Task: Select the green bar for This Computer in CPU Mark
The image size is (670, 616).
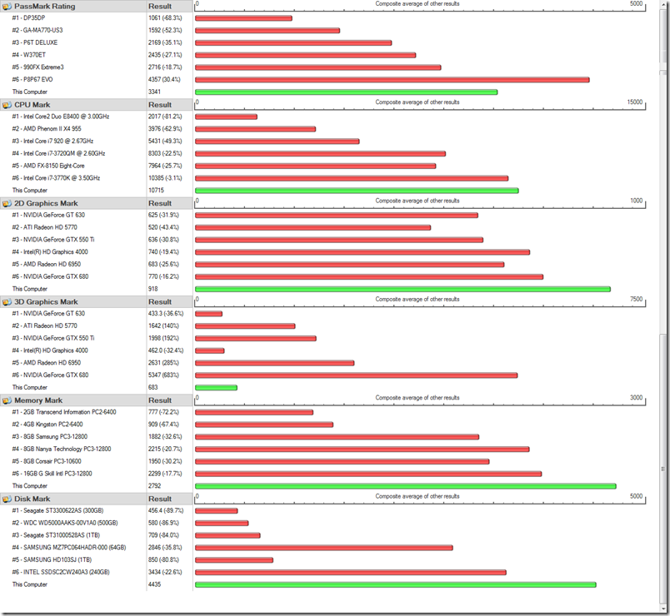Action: point(357,191)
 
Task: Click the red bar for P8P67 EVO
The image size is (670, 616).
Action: point(392,80)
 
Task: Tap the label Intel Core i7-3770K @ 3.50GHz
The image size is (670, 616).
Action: point(56,178)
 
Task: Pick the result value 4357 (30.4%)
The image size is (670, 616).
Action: point(165,80)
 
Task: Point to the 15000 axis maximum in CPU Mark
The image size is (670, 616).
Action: point(634,102)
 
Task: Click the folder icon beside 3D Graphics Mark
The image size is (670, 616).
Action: point(7,302)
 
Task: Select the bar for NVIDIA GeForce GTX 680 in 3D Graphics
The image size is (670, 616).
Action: point(356,375)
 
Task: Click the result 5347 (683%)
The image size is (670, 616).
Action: point(164,375)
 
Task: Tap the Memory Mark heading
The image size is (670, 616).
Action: point(38,400)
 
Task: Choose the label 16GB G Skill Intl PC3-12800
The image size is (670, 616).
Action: point(57,474)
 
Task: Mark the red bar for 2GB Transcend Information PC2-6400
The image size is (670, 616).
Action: point(254,412)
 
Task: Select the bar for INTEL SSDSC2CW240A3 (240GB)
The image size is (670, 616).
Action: point(350,572)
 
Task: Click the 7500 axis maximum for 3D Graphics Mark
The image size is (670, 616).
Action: point(637,299)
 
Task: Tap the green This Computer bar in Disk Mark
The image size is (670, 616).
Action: point(395,584)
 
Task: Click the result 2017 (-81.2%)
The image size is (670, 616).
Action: point(165,117)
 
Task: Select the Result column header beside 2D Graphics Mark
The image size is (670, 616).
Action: point(160,203)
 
